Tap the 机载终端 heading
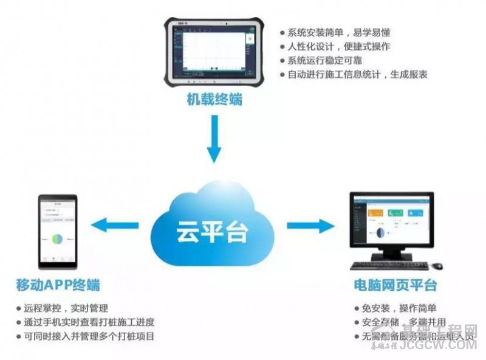coord(214,100)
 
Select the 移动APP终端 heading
coord(58,285)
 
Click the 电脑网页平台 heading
coord(395,285)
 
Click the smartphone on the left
coord(58,231)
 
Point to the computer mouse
coord(437,266)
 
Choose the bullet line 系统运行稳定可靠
coord(325,61)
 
